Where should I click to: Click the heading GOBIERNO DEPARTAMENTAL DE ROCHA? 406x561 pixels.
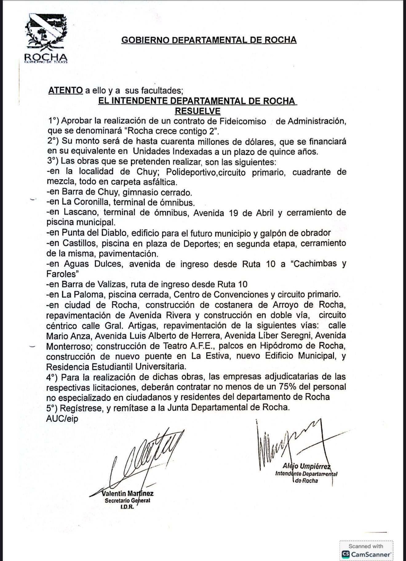[x=209, y=40]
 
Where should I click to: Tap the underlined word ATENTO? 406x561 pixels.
[x=65, y=90]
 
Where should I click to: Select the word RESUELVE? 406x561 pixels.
[x=197, y=111]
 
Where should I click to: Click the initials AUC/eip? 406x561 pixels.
[x=62, y=419]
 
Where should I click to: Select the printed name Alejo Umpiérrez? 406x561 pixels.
[x=306, y=467]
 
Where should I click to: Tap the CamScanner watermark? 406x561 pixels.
[x=366, y=551]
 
